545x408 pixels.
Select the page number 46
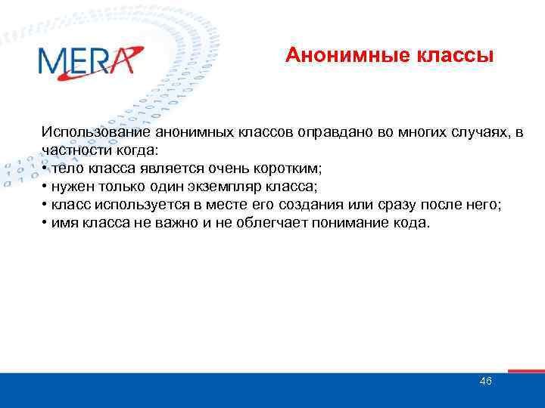[485, 381]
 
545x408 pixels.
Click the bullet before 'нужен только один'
[45, 187]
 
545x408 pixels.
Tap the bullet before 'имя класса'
[45, 223]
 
